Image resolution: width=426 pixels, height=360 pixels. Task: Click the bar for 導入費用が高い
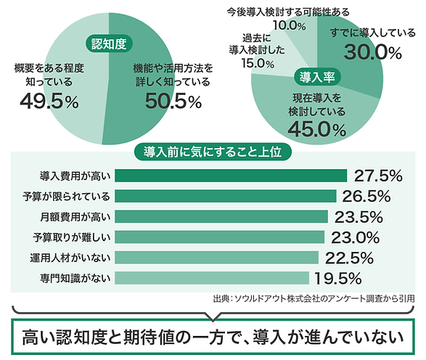[231, 176]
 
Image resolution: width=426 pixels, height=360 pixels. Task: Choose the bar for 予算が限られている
[226, 196]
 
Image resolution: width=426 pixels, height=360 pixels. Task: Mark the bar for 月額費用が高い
[221, 216]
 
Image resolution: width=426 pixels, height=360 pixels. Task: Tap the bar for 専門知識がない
[213, 278]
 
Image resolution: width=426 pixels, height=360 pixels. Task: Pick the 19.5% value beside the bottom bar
[337, 278]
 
